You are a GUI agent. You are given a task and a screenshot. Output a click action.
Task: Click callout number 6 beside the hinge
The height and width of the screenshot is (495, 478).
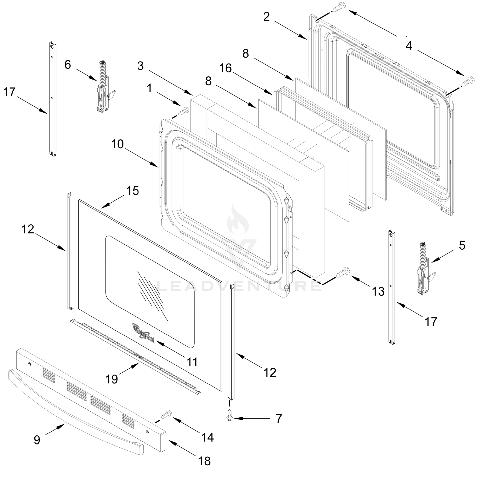pos(68,65)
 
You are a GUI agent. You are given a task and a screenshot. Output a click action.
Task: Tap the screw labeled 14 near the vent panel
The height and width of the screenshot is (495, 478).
pos(167,415)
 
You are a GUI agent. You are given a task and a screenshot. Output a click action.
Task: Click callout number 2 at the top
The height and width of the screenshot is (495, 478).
pos(267,17)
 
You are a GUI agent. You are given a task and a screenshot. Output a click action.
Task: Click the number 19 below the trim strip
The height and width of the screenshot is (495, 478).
pos(111,379)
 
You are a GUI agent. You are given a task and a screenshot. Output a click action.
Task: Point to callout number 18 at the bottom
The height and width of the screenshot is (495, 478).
pos(204,461)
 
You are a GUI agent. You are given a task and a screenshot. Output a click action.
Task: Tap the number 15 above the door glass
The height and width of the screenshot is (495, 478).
pos(133,191)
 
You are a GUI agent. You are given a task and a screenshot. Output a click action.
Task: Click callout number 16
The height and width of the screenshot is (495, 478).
pos(225,68)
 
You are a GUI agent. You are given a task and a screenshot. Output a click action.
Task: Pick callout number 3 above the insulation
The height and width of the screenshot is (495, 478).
pos(140,66)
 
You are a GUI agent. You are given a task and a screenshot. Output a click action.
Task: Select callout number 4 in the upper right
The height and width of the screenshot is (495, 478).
pos(409,46)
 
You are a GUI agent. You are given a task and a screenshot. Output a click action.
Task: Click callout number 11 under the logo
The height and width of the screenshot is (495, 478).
pos(192,362)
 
